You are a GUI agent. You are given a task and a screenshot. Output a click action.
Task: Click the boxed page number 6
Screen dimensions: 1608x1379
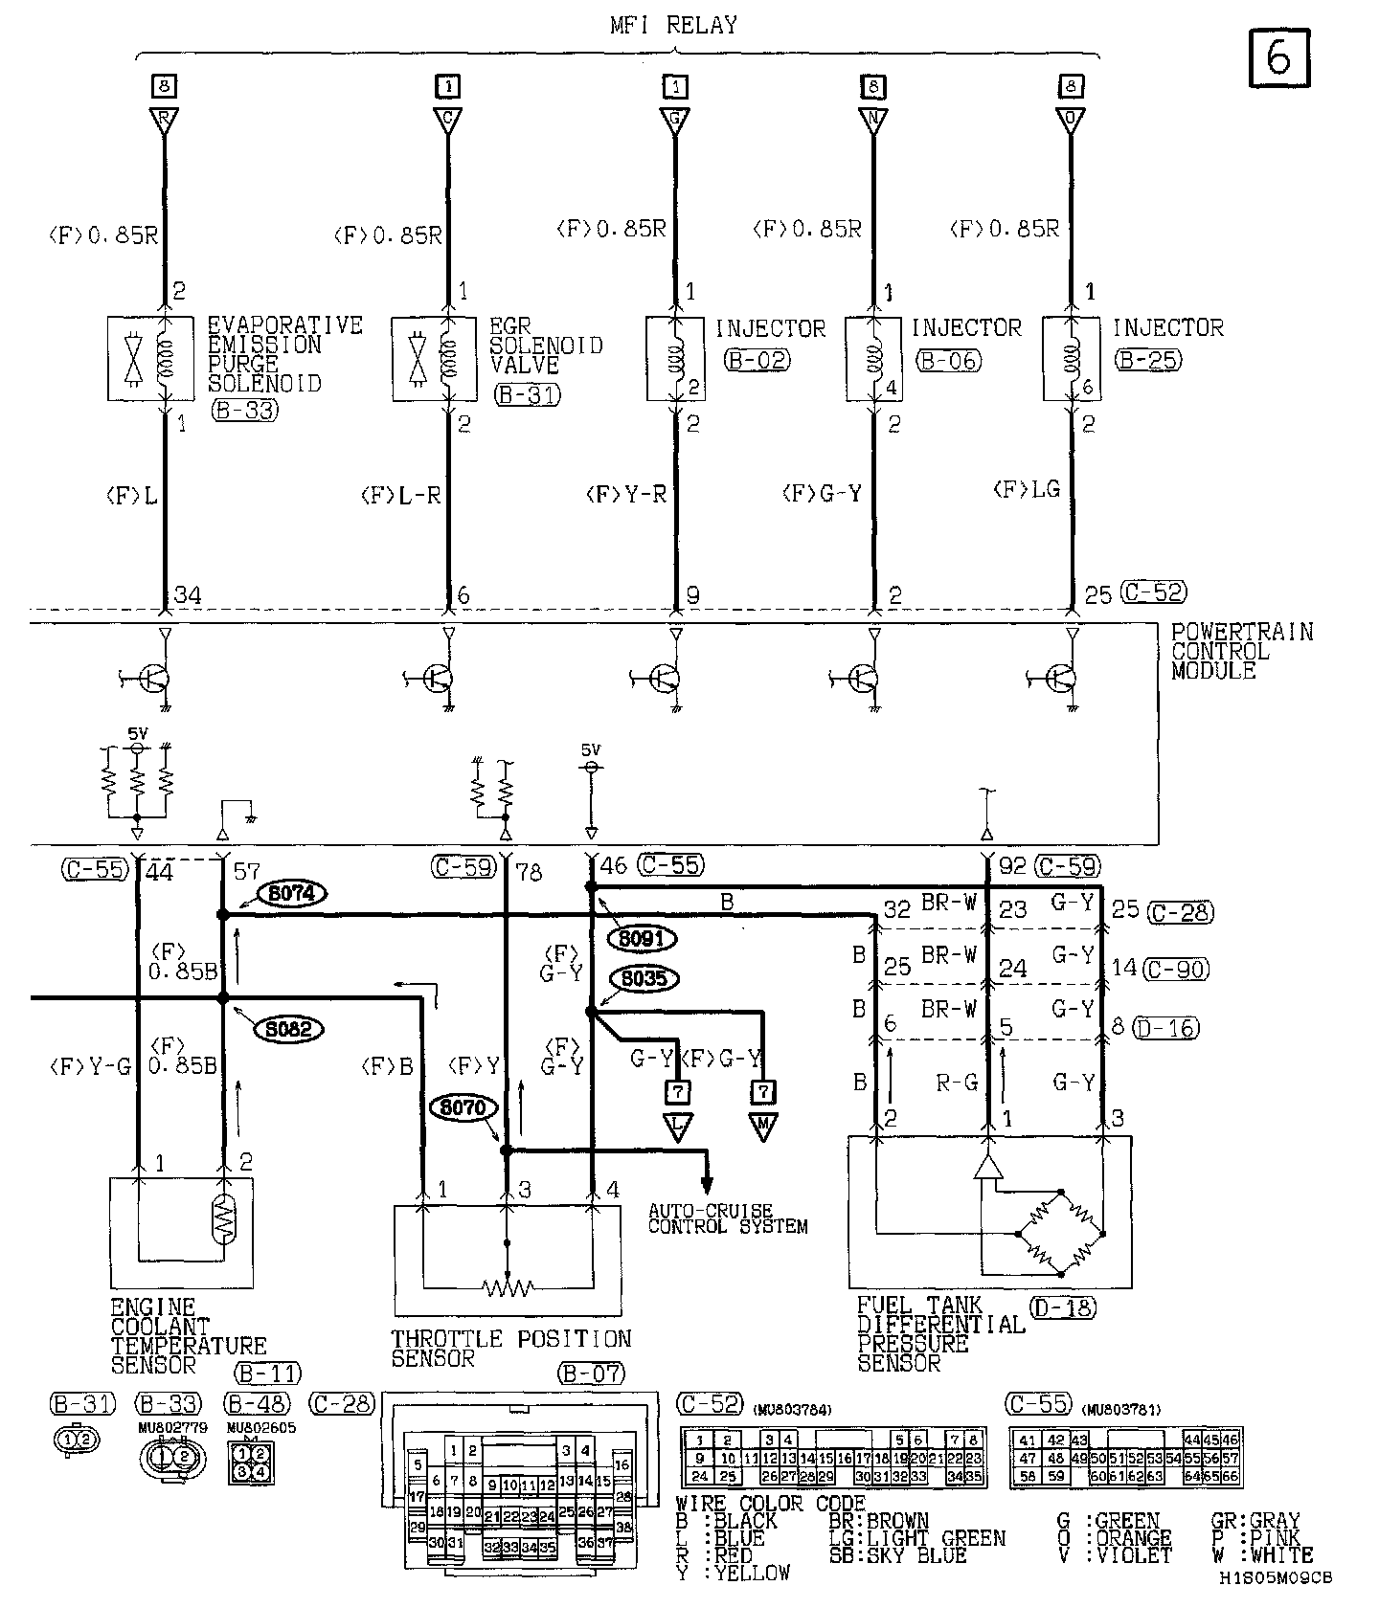tap(1278, 57)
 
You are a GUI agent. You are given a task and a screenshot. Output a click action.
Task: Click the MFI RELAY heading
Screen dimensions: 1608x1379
tap(674, 26)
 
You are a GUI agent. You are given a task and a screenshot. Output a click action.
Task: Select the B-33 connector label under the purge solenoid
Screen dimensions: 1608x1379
tap(244, 411)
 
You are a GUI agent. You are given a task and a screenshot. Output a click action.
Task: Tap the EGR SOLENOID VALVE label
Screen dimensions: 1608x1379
tap(546, 346)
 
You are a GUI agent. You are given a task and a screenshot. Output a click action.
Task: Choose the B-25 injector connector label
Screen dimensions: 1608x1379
tap(1147, 360)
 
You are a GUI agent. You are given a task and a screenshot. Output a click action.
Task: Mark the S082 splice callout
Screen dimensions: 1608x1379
tap(288, 1029)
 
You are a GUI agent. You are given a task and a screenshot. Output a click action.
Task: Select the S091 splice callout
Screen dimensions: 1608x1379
tap(642, 940)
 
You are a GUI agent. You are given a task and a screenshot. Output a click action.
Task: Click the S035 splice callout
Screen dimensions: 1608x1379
tap(644, 979)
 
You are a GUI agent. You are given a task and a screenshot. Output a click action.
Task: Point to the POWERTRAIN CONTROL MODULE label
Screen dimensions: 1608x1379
tap(1241, 651)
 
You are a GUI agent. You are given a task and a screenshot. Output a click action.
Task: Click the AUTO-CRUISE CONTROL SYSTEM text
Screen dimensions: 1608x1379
tap(728, 1218)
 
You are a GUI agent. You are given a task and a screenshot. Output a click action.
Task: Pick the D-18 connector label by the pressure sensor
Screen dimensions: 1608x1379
tap(1064, 1306)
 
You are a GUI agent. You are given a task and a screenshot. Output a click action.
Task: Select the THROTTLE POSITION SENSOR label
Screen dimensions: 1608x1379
tap(511, 1348)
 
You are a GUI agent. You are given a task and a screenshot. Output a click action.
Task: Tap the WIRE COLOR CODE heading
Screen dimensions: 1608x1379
tap(770, 1504)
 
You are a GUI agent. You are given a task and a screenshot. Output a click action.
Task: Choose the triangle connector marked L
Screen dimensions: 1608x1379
tap(677, 1128)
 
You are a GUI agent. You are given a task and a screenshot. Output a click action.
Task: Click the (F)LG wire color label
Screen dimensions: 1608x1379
tap(1026, 489)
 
